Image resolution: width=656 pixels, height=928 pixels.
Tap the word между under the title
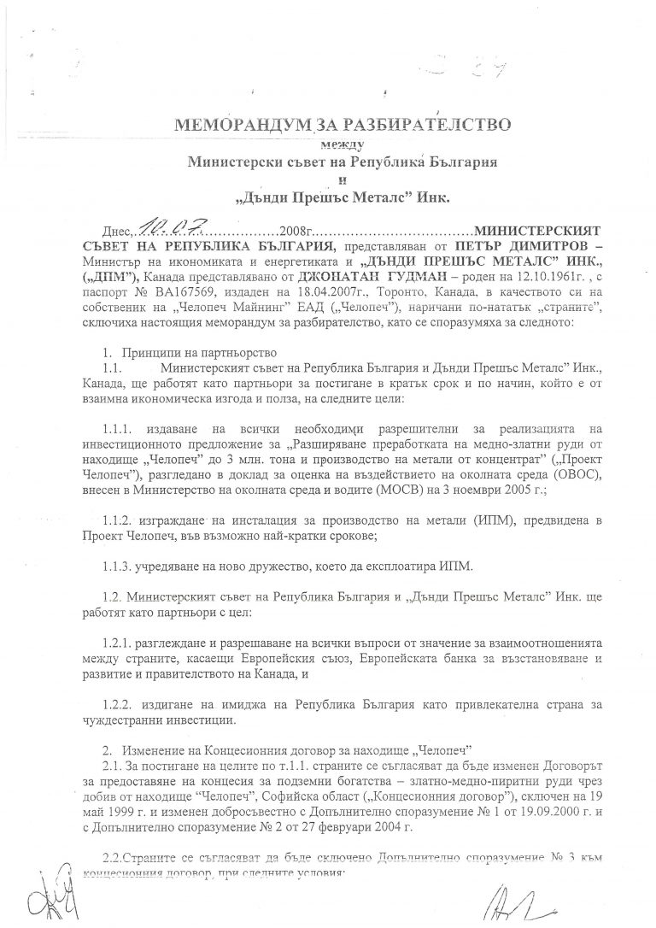pyautogui.click(x=342, y=143)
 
